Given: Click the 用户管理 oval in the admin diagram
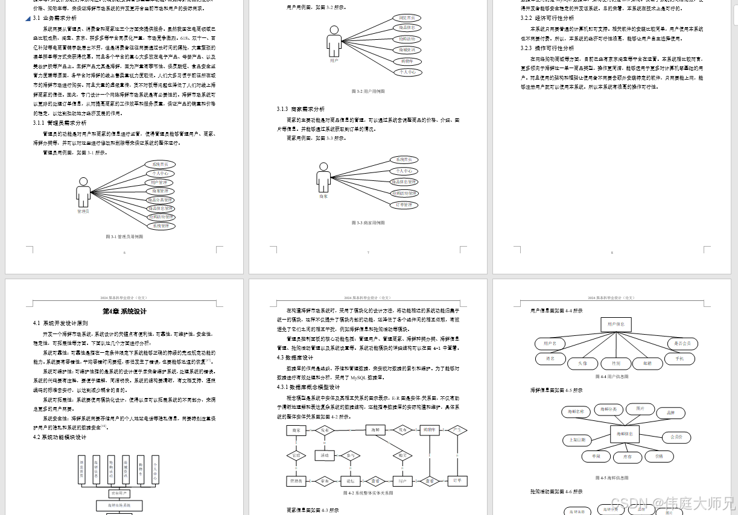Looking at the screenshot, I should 160,182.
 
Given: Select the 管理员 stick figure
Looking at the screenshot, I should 83,193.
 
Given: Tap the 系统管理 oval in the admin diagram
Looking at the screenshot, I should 160,226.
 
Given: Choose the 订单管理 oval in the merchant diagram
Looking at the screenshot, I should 404,205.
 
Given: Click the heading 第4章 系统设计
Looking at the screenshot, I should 124,311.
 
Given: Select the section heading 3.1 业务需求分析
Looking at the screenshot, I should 55,18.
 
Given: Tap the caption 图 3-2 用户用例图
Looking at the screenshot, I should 367,91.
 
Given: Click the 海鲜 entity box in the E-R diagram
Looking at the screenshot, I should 375,430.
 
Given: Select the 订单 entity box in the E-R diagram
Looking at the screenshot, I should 457,481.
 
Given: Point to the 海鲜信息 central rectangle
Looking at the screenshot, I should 625,434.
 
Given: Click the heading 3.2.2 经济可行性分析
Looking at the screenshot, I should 547,18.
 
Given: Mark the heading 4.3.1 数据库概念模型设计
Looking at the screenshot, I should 308,387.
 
